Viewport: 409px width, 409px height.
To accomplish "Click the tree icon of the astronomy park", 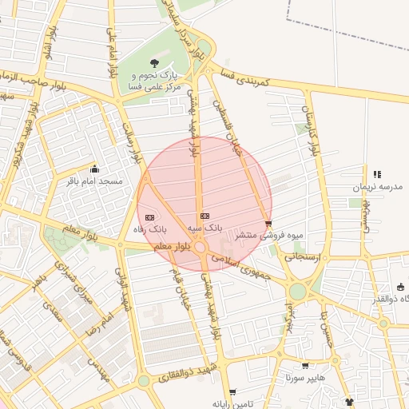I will click(154, 63).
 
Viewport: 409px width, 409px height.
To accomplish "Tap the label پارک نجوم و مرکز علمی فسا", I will click(155, 81).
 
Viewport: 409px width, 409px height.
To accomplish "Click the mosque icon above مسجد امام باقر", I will click(95, 169).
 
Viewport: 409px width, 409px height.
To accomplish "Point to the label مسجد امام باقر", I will click(95, 181).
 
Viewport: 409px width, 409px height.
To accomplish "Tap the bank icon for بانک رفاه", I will click(150, 217).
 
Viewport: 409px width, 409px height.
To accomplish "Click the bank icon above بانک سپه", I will click(204, 216).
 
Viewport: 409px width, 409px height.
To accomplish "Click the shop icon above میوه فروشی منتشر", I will click(268, 224).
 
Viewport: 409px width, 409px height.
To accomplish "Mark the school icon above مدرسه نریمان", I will click(377, 173).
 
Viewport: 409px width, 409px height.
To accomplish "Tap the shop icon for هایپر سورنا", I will click(305, 365).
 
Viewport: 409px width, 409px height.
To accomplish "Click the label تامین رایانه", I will click(232, 404).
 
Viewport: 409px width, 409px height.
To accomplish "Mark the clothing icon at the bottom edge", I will click(349, 402).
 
